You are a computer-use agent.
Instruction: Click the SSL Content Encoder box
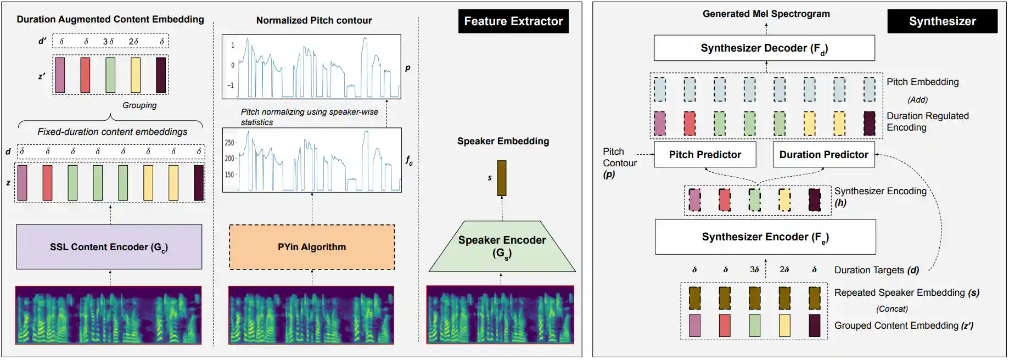coord(109,247)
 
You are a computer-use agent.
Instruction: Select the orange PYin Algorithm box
coord(312,247)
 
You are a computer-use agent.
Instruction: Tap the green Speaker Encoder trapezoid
coord(502,247)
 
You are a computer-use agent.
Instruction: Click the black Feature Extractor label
coord(513,21)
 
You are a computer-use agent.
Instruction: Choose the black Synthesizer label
coord(942,21)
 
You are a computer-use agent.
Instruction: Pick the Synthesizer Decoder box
coord(764,48)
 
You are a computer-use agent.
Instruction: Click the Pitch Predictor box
coord(705,155)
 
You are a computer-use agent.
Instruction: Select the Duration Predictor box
coord(823,155)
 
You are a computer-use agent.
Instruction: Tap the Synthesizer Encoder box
coord(765,237)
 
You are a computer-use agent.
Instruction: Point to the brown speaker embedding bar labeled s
coord(502,178)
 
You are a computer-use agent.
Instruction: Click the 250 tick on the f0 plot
coord(229,143)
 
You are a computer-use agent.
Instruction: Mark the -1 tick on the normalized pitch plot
coord(231,86)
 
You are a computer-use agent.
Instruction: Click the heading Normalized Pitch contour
coord(314,20)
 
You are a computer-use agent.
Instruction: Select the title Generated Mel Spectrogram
coord(766,14)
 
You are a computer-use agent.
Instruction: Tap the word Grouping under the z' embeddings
coord(139,105)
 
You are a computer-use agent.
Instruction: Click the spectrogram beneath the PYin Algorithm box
coord(311,315)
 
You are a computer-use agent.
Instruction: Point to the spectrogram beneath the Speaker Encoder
coord(500,315)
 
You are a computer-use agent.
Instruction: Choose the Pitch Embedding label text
coord(922,82)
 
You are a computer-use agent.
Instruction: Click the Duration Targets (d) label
coord(876,270)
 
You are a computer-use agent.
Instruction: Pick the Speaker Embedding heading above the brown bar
coord(503,141)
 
